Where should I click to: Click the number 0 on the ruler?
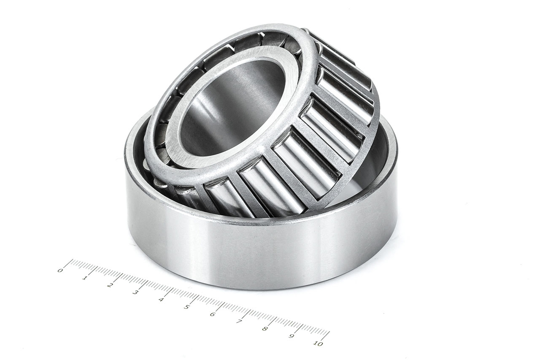pyautogui.click(x=60, y=270)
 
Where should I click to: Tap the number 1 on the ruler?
pyautogui.click(x=85, y=278)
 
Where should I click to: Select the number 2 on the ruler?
pyautogui.click(x=110, y=285)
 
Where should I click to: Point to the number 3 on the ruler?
pyautogui.click(x=135, y=292)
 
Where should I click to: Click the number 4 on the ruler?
pyautogui.click(x=161, y=300)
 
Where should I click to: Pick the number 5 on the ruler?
pyautogui.click(x=186, y=307)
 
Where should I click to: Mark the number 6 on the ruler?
pyautogui.click(x=212, y=314)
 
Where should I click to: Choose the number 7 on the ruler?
pyautogui.click(x=239, y=322)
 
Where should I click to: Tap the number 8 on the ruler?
pyautogui.click(x=265, y=329)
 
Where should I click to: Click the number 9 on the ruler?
pyautogui.click(x=291, y=336)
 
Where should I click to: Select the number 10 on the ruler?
pyautogui.click(x=318, y=344)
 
